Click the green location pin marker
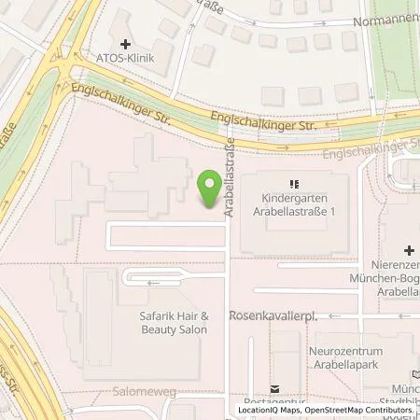pos(209,189)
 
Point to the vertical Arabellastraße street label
pos(228,176)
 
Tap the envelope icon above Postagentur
pos(274,389)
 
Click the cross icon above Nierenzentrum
pos(409,251)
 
